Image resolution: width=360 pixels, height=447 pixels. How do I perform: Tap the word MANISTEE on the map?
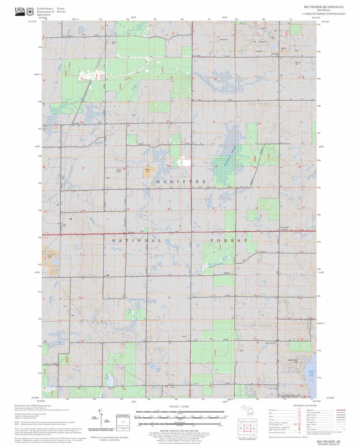coord(181,182)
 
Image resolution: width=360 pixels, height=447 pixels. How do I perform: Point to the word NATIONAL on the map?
coord(136,241)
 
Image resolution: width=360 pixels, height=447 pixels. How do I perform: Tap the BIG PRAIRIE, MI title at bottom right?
coord(328,441)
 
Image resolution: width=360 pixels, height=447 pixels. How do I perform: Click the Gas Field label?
coord(273,38)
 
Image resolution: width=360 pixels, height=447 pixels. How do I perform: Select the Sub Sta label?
coord(64,225)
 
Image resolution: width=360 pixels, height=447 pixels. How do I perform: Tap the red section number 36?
coord(169,209)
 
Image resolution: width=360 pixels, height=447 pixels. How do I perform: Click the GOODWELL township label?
coord(257,103)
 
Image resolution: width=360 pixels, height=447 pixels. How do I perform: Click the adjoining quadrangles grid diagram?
coord(249,427)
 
